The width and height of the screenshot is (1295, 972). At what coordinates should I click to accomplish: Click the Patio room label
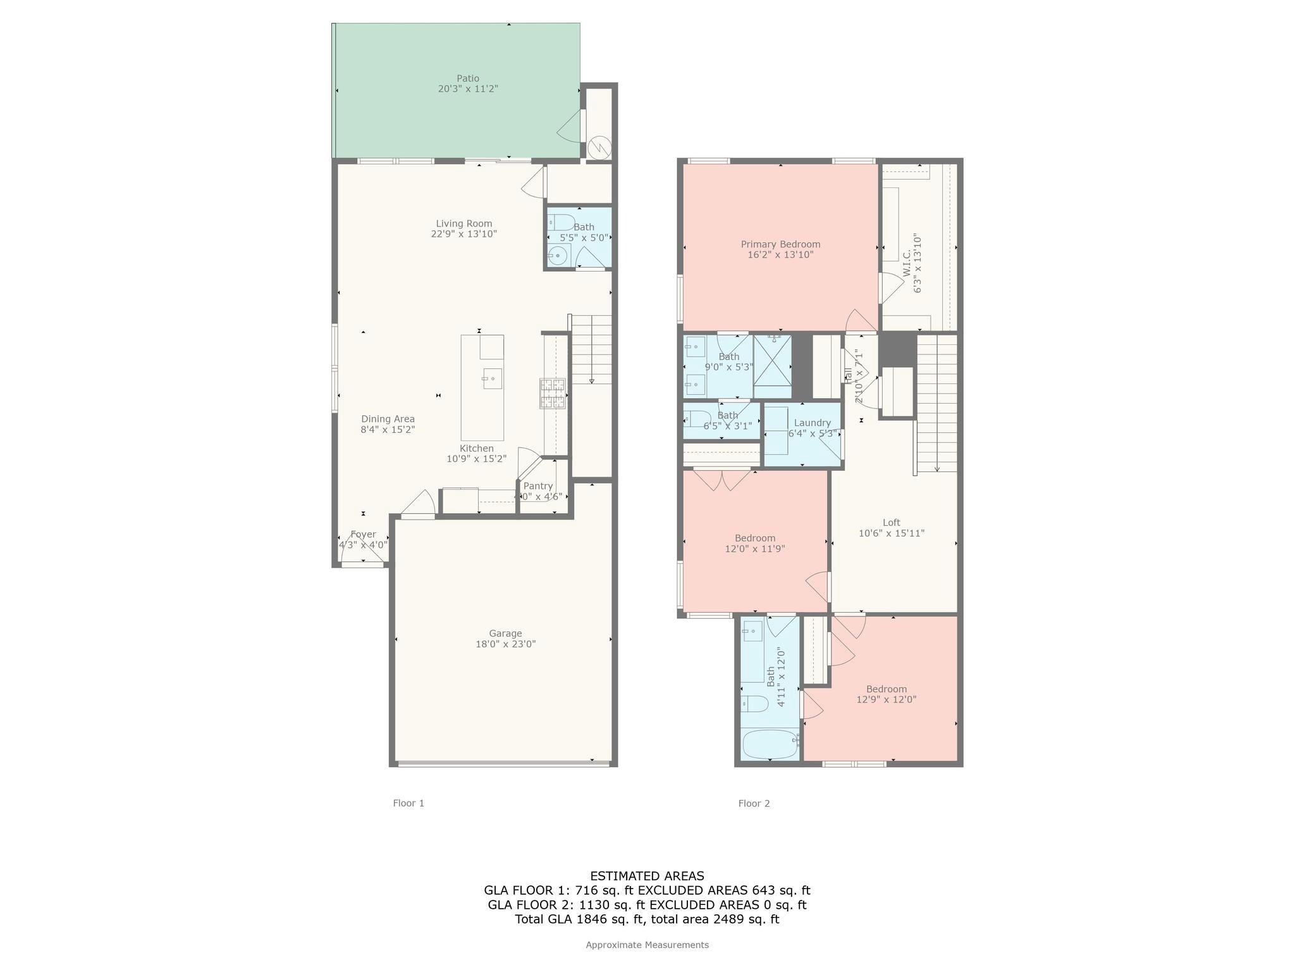tap(468, 78)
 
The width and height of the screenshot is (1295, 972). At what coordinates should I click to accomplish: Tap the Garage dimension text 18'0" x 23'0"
tap(505, 644)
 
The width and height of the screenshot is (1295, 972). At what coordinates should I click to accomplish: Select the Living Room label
tap(463, 223)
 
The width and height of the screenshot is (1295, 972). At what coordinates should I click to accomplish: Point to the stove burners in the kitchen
tap(552, 393)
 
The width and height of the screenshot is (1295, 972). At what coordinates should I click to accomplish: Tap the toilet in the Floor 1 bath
tap(561, 223)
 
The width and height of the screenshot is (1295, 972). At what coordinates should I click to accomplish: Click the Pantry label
tap(537, 486)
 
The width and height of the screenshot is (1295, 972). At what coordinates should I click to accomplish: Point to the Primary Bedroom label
tap(780, 244)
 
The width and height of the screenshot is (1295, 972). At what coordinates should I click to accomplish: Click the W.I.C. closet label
tap(906, 263)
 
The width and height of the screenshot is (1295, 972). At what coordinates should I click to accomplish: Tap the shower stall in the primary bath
tap(772, 366)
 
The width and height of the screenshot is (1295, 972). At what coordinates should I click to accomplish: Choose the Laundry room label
tap(812, 423)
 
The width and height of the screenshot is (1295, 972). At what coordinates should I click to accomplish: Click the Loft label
tap(891, 522)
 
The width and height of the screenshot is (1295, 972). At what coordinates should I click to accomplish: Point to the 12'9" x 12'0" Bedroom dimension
tap(886, 700)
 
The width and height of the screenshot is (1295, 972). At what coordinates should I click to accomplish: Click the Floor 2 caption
tap(754, 803)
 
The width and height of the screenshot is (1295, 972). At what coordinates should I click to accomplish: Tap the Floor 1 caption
tap(408, 803)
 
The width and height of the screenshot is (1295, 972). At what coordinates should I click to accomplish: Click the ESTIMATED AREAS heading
tap(647, 876)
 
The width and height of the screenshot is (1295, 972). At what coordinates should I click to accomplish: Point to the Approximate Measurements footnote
tap(647, 945)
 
